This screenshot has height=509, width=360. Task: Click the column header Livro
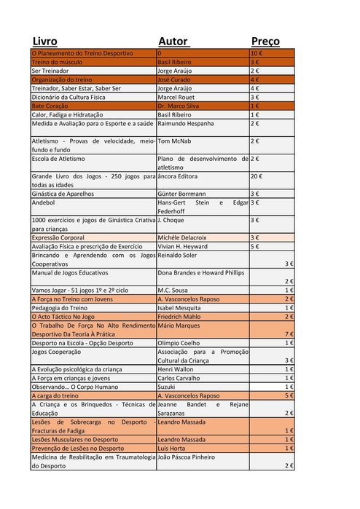pos(44,42)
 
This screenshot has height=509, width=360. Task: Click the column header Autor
pos(173,42)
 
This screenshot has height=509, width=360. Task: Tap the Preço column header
pos(265,42)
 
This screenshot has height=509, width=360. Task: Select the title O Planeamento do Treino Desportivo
pos(82,54)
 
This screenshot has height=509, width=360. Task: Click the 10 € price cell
pos(257,54)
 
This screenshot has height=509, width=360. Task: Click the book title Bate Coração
pos(50,106)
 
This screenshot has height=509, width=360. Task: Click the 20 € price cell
pos(257,176)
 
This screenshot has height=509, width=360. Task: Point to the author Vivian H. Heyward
pos(183,246)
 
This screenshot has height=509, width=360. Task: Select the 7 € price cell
pos(289,334)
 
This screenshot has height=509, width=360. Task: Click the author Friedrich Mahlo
pos(179,317)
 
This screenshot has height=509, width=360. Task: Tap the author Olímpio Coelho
pos(179,342)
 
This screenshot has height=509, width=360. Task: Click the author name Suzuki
pos(167,387)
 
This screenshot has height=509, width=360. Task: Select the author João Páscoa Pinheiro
pos(187,457)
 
